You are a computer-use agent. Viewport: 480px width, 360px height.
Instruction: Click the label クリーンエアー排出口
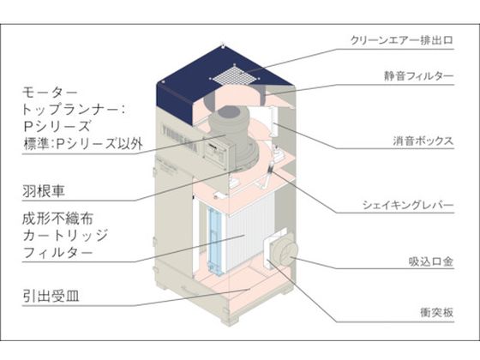(401, 40)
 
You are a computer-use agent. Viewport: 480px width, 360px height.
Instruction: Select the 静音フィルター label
(418, 76)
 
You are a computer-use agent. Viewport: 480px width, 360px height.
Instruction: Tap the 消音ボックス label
(423, 141)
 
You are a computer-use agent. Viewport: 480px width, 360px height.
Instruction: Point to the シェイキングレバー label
(408, 205)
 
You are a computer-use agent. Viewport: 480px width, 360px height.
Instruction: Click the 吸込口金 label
(430, 261)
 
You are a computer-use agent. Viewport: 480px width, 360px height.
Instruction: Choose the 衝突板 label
(436, 313)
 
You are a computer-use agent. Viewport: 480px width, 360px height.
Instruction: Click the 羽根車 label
(43, 191)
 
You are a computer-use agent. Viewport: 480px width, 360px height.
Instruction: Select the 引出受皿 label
(51, 296)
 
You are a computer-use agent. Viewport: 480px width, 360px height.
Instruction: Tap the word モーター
(50, 93)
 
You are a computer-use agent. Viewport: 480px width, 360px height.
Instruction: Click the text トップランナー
(72, 110)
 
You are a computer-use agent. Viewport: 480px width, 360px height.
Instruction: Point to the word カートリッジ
(65, 236)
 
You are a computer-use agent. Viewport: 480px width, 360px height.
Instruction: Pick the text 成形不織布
(57, 219)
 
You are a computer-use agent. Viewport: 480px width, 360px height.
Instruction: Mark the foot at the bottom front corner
(230, 321)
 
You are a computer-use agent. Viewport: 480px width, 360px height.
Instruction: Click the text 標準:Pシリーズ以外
(83, 144)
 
